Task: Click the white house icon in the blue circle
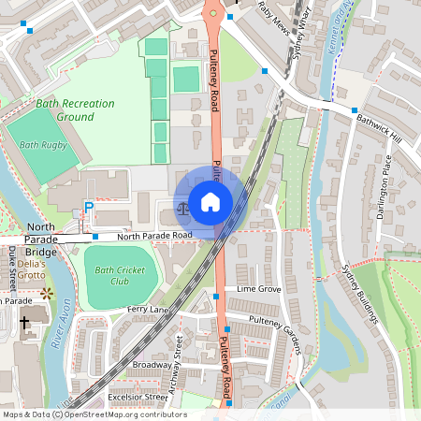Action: (x=210, y=201)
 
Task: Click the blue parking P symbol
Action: (x=90, y=208)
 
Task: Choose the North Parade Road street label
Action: (x=154, y=236)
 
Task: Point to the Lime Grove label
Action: (x=259, y=290)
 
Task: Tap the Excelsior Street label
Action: (x=137, y=397)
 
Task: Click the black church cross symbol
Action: (x=24, y=323)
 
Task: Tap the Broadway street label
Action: (x=152, y=364)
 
